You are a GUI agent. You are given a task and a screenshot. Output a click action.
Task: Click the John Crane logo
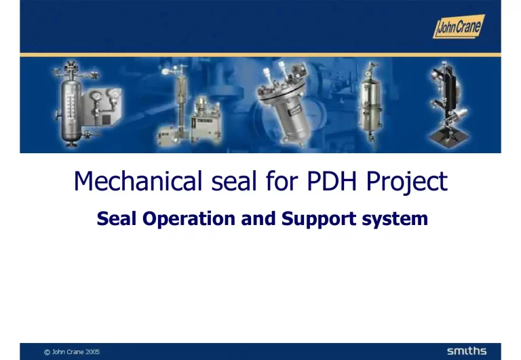click(x=459, y=26)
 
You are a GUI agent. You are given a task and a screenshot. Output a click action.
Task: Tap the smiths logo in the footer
click(x=466, y=351)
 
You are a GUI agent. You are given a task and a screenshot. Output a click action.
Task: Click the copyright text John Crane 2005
click(x=72, y=351)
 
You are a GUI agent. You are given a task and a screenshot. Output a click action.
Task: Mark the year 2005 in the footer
click(x=92, y=351)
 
